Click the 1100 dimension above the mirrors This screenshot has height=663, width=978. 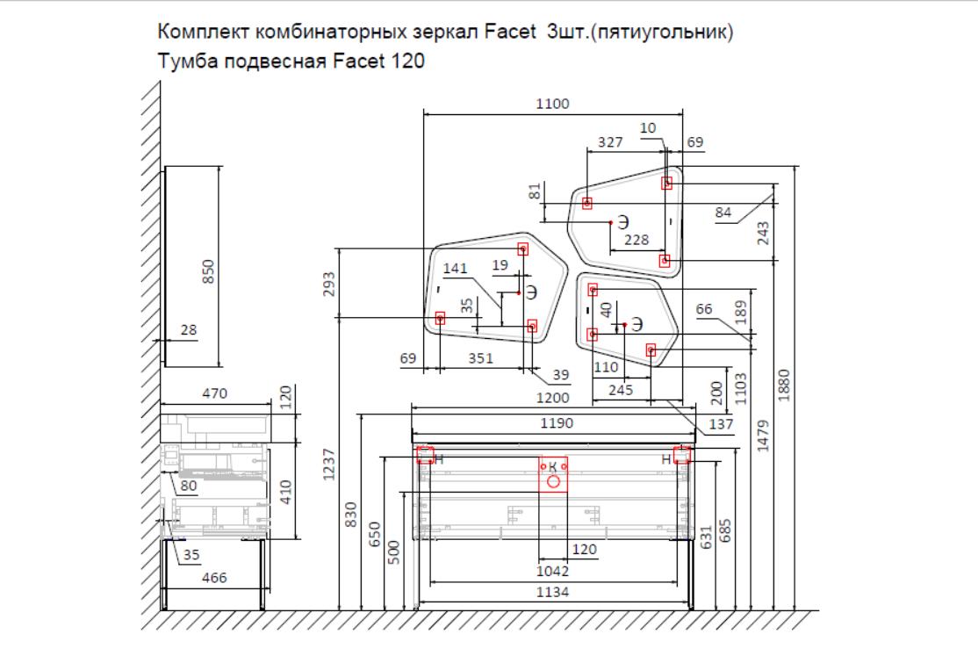(x=554, y=104)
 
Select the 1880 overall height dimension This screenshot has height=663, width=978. (x=785, y=382)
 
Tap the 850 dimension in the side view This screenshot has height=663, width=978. (x=208, y=272)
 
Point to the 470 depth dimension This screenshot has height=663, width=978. (x=215, y=394)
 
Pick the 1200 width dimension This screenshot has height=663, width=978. (x=554, y=398)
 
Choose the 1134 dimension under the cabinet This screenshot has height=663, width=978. (x=554, y=592)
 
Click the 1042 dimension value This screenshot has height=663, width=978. (x=554, y=571)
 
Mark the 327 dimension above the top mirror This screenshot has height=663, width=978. (x=611, y=141)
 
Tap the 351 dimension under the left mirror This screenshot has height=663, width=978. (x=480, y=358)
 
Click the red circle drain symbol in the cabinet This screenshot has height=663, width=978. (x=553, y=480)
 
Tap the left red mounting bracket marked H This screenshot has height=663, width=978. (x=425, y=455)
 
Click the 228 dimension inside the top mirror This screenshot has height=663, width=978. (x=636, y=240)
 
